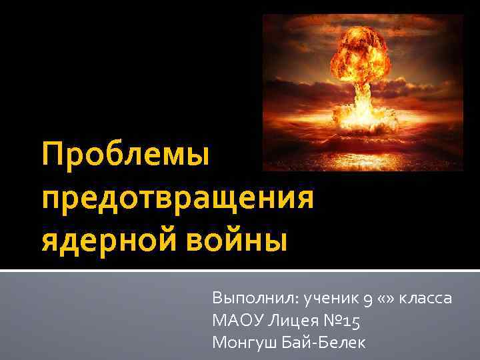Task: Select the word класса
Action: pos(425,299)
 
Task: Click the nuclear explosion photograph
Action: pos(363,93)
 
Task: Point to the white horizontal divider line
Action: pos(240,271)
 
